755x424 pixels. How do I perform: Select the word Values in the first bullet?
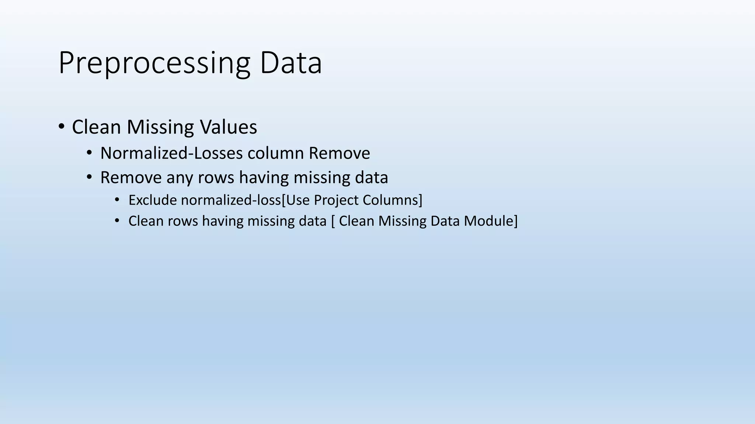click(228, 127)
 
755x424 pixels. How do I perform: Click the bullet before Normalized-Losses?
click(90, 153)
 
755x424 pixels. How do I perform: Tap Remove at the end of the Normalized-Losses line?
click(339, 153)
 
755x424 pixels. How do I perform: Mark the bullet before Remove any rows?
click(90, 177)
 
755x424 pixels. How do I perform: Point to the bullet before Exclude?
click(117, 200)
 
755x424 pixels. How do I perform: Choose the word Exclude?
click(152, 200)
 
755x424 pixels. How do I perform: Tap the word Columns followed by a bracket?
click(391, 200)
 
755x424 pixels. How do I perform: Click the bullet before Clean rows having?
click(117, 221)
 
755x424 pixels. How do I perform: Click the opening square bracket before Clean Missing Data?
click(333, 221)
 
